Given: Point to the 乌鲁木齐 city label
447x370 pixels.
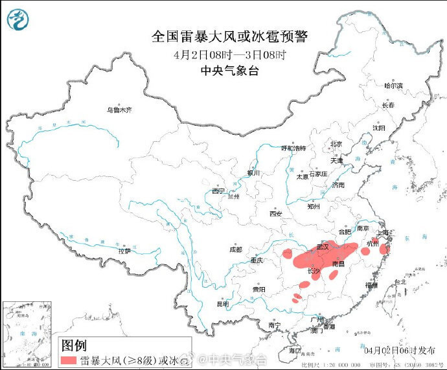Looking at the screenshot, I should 119,110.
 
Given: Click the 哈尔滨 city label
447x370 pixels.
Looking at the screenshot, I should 393,86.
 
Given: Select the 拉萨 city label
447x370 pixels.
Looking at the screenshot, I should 124,250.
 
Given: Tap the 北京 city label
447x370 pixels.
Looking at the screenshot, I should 336,144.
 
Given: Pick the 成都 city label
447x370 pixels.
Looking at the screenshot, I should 235,249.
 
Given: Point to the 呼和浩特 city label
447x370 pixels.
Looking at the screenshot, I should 292,148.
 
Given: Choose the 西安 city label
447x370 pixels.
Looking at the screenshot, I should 276,213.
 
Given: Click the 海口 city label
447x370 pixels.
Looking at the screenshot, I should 295,350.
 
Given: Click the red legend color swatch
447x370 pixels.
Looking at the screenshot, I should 68,359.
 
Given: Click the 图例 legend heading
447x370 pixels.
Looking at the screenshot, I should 73,345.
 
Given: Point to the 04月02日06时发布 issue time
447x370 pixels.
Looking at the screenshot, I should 400,350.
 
